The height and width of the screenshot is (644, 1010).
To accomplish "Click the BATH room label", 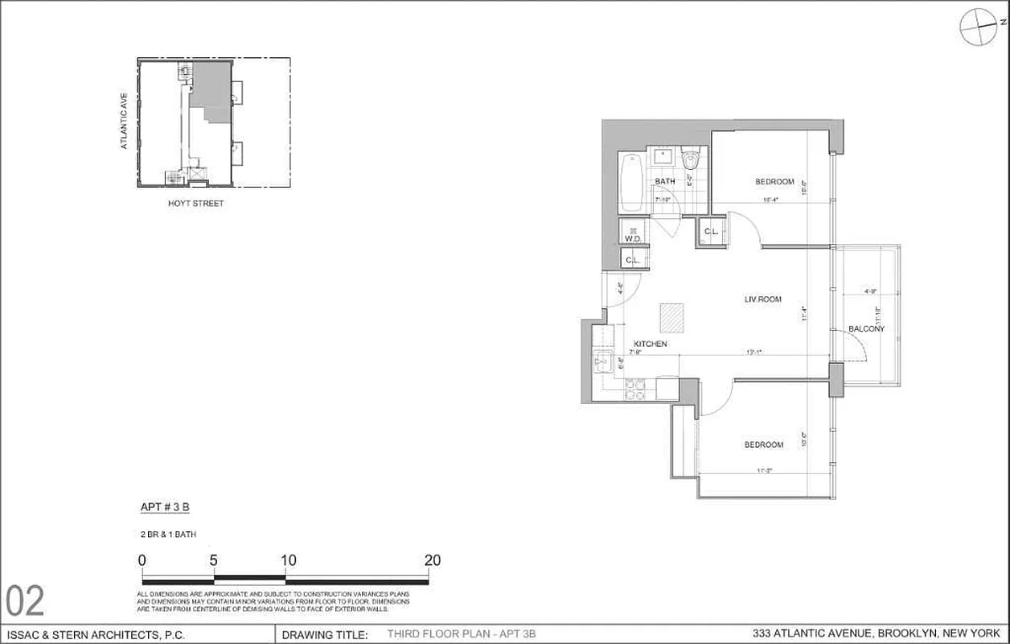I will (664, 182).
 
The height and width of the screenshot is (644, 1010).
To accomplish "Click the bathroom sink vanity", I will (663, 157).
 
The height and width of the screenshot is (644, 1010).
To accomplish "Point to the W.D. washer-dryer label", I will (632, 238).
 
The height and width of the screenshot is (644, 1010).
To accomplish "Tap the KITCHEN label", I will (650, 345).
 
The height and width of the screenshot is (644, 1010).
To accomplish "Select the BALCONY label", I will (866, 328).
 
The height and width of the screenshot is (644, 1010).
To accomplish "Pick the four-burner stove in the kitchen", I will (635, 389).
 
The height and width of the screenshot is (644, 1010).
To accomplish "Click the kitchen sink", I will (602, 362).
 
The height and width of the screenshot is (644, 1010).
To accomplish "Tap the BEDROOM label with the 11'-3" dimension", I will (763, 445).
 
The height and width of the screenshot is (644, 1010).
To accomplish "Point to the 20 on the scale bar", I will (432, 560).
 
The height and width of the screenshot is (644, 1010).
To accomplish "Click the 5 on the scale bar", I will (214, 560).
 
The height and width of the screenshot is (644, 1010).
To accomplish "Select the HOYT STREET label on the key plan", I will (195, 204).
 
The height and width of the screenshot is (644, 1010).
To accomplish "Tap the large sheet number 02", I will (26, 601).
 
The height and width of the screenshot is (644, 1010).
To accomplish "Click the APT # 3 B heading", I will (164, 507).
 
